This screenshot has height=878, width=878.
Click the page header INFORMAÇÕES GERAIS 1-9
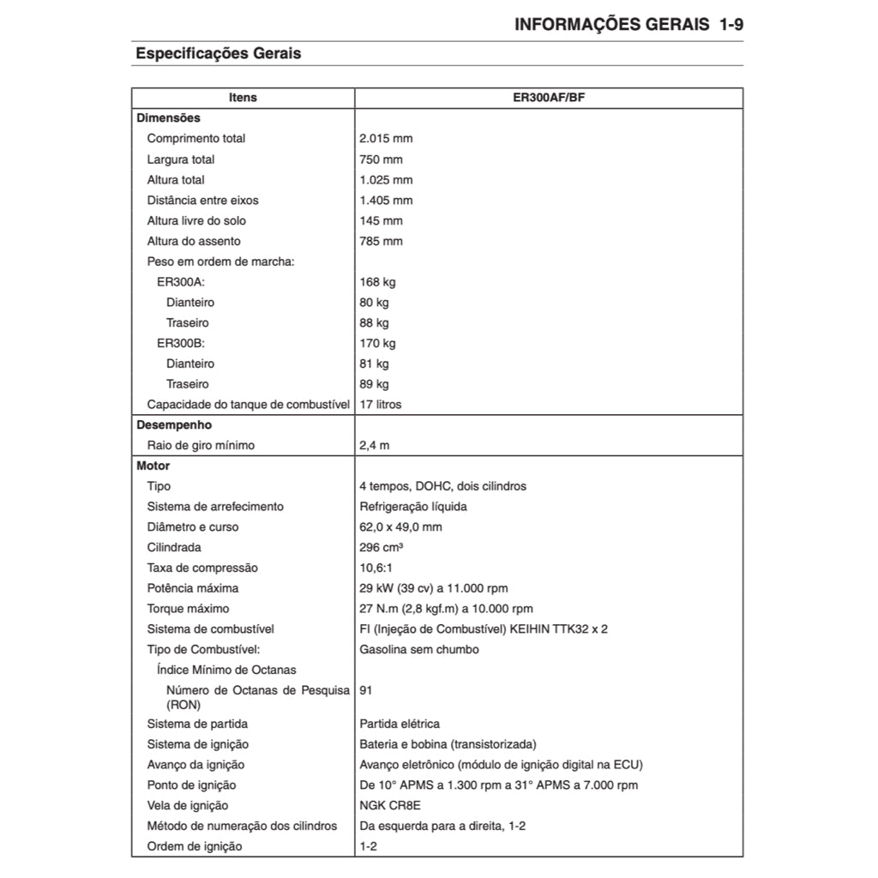(628, 24)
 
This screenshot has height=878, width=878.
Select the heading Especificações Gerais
(219, 53)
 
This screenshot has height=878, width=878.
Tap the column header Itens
(244, 98)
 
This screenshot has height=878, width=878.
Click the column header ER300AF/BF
(549, 98)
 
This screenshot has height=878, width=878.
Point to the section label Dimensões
(168, 118)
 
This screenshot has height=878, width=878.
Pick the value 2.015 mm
(386, 139)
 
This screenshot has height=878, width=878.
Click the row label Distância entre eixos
(202, 201)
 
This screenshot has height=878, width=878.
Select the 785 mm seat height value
(381, 242)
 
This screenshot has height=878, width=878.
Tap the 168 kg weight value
(377, 282)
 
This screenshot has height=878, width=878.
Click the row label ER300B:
(181, 344)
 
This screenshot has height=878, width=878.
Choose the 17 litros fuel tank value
(380, 405)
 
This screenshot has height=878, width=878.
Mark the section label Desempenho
(174, 425)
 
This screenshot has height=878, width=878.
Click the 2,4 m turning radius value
(375, 446)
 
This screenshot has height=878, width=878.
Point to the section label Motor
(153, 466)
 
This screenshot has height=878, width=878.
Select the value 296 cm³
(382, 548)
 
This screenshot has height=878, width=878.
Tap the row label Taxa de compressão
(202, 568)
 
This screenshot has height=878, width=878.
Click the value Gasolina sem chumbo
(419, 650)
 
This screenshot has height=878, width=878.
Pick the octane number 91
(366, 690)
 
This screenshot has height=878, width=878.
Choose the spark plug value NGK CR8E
(390, 806)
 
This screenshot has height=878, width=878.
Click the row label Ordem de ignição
(195, 847)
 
